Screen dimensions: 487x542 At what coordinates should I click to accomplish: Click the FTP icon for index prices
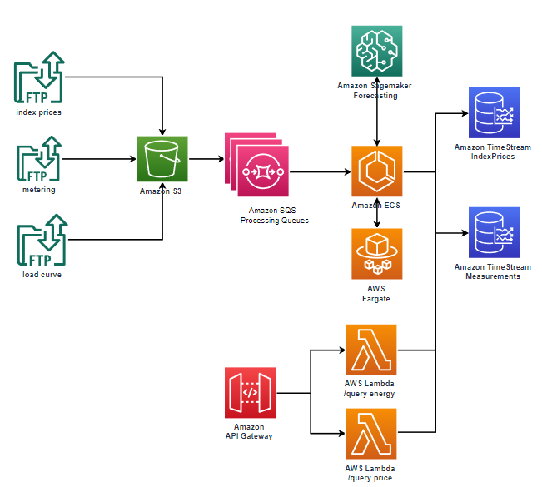pyautogui.click(x=40, y=79)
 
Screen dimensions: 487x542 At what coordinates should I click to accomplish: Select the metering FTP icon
pyautogui.click(x=40, y=160)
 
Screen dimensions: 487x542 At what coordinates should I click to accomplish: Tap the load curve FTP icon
pyautogui.click(x=40, y=242)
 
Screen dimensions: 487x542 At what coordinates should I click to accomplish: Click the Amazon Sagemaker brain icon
pyautogui.click(x=377, y=51)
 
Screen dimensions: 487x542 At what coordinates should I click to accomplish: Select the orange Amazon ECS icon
pyautogui.click(x=377, y=171)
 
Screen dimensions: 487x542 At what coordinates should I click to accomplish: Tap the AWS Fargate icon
pyautogui.click(x=377, y=254)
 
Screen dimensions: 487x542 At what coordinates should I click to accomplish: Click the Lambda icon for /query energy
pyautogui.click(x=370, y=350)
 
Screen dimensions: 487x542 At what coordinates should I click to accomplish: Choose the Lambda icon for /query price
pyautogui.click(x=370, y=433)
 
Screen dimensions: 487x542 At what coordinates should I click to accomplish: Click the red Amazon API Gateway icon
pyautogui.click(x=250, y=392)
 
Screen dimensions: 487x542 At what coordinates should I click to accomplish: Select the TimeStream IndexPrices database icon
pyautogui.click(x=493, y=112)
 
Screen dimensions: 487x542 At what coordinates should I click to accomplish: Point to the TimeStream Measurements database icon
pyautogui.click(x=493, y=233)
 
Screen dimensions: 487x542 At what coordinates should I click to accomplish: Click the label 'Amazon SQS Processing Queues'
pyautogui.click(x=262, y=216)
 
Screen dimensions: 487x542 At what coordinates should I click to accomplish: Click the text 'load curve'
pyautogui.click(x=39, y=274)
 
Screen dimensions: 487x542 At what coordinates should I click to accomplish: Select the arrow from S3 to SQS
pyautogui.click(x=205, y=158)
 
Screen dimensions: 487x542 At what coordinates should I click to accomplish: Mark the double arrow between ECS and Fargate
pyautogui.click(x=378, y=213)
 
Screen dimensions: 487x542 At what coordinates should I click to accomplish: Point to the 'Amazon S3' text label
pyautogui.click(x=162, y=191)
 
